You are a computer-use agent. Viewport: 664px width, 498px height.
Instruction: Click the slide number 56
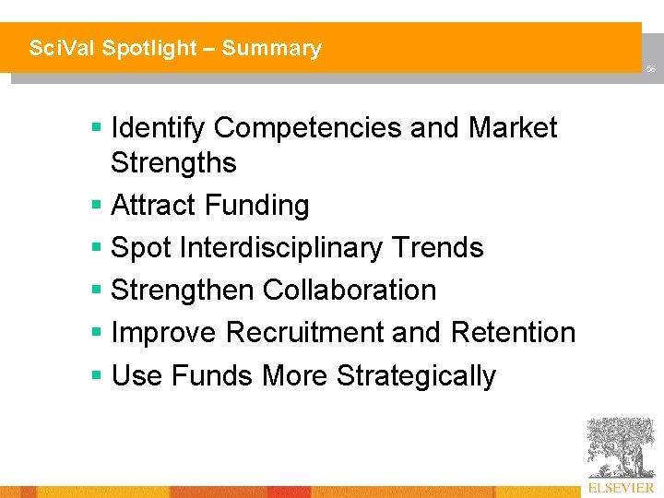pyautogui.click(x=650, y=70)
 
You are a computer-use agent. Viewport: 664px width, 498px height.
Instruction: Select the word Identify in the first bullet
pyautogui.click(x=158, y=128)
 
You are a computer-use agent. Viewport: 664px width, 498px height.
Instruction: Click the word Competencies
pyautogui.click(x=308, y=128)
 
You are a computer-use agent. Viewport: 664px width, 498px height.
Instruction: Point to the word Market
pyautogui.click(x=513, y=128)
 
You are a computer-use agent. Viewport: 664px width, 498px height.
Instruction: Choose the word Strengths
pyautogui.click(x=173, y=163)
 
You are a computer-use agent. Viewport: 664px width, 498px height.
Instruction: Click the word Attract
pyautogui.click(x=150, y=205)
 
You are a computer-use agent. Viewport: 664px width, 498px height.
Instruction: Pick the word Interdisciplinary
pyautogui.click(x=282, y=247)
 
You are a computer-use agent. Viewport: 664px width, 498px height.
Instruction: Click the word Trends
pyautogui.click(x=438, y=247)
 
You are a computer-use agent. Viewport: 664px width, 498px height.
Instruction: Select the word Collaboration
pyautogui.click(x=350, y=290)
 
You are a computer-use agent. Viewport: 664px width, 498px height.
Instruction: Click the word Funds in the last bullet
pyautogui.click(x=213, y=375)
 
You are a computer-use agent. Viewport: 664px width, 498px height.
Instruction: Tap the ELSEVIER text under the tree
pyautogui.click(x=621, y=487)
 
